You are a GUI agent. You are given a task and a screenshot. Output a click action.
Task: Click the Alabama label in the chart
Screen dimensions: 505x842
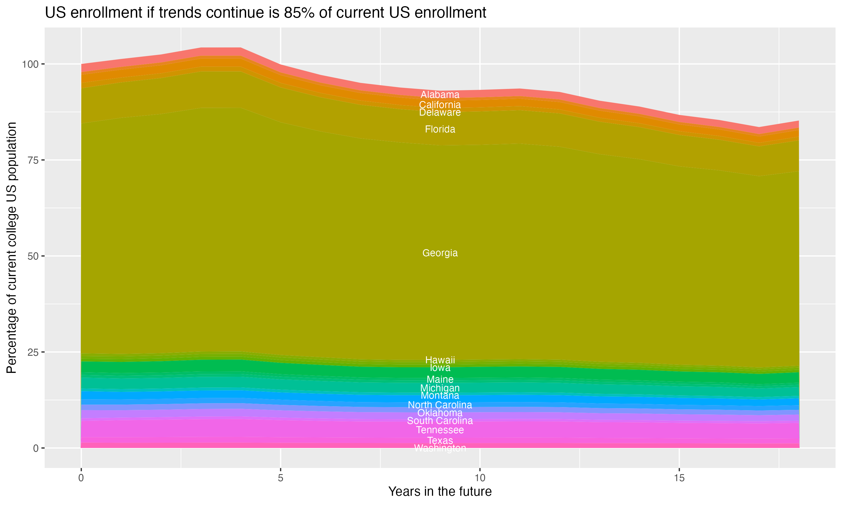pyautogui.click(x=440, y=95)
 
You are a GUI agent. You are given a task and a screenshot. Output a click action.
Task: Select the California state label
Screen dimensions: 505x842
pyautogui.click(x=440, y=105)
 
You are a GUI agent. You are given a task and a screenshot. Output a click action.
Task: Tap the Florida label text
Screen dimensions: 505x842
pyautogui.click(x=440, y=129)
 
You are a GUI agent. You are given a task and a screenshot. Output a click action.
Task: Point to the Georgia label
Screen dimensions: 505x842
pyautogui.click(x=440, y=253)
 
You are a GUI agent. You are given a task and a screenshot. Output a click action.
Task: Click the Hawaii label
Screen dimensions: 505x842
pyautogui.click(x=440, y=360)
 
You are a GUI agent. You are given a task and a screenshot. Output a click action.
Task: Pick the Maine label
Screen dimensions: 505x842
pyautogui.click(x=440, y=379)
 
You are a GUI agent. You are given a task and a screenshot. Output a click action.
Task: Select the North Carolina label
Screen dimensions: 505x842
pyautogui.click(x=440, y=405)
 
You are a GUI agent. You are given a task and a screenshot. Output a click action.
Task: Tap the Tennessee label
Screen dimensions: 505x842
pyautogui.click(x=440, y=430)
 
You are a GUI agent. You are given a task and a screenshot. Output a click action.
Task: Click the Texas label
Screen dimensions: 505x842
pyautogui.click(x=440, y=440)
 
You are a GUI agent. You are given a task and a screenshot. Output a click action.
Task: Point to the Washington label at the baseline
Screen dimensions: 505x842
pyautogui.click(x=440, y=449)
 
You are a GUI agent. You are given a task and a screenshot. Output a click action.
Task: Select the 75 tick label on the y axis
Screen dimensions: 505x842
pyautogui.click(x=33, y=160)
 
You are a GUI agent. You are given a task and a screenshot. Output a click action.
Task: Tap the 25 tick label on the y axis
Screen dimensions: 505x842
pyautogui.click(x=33, y=352)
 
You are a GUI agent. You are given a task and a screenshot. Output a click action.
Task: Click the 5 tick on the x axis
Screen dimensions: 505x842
pyautogui.click(x=280, y=478)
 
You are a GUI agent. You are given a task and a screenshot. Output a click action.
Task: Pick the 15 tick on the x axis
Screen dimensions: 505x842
pyautogui.click(x=679, y=478)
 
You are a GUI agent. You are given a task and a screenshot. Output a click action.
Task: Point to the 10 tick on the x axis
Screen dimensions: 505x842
pyautogui.click(x=480, y=478)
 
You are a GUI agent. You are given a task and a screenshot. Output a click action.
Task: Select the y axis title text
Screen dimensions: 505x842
pyautogui.click(x=12, y=247)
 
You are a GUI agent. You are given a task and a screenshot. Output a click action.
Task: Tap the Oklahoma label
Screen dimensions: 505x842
pyautogui.click(x=440, y=413)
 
